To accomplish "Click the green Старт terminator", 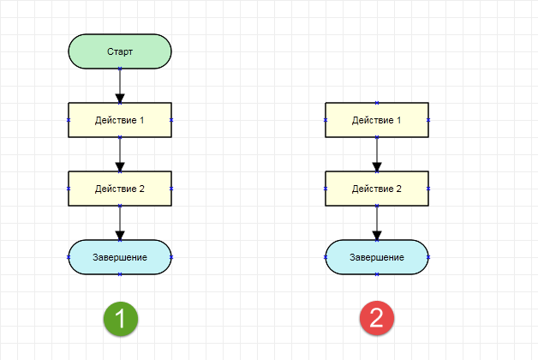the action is [120, 51].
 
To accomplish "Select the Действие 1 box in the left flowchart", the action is [120, 120].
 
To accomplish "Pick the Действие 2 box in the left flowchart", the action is [120, 189].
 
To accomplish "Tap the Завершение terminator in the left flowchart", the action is [120, 257].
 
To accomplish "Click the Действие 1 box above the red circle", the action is [377, 120].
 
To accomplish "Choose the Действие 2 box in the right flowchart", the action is [377, 189].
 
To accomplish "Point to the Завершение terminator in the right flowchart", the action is [377, 257].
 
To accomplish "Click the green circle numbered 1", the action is [121, 319].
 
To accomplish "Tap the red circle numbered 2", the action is [377, 318].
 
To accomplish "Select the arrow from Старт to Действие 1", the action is [120, 86].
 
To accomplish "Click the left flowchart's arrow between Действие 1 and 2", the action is [120, 154].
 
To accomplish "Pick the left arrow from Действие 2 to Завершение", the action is [120, 223].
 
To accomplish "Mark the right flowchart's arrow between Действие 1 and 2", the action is [377, 154].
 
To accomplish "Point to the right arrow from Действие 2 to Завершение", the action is [377, 223].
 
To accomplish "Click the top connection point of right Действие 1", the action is [377, 103].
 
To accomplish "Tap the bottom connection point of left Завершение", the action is [120, 274].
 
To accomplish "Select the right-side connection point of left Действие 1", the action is [171, 120].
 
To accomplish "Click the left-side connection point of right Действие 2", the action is [326, 189].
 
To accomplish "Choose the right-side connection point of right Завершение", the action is [428, 257].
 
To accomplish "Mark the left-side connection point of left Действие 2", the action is [69, 189].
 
